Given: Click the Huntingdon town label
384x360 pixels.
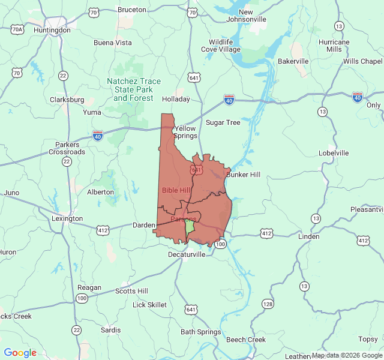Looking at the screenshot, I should (52, 30).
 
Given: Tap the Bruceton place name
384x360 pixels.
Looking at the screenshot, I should (132, 10).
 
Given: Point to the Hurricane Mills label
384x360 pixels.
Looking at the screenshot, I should (334, 46).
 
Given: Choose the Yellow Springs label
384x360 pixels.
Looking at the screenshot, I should (185, 132).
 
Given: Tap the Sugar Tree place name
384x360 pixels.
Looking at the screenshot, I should (223, 122).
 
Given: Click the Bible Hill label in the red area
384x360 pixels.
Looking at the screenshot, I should (176, 190).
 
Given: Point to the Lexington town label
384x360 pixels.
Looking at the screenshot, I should (67, 219).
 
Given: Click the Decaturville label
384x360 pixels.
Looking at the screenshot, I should (187, 254).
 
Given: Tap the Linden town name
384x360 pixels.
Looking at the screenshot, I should (308, 236).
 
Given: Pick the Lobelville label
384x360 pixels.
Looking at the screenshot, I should (334, 153).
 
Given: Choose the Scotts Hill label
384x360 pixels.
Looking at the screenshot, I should (131, 291).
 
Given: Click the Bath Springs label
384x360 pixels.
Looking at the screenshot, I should (201, 332).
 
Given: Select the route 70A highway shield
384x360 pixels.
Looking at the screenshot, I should (17, 29).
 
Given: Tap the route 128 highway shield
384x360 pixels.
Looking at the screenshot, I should (268, 304).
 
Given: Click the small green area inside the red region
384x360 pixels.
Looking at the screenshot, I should (190, 227).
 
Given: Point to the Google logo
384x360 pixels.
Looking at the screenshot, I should (20, 353).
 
